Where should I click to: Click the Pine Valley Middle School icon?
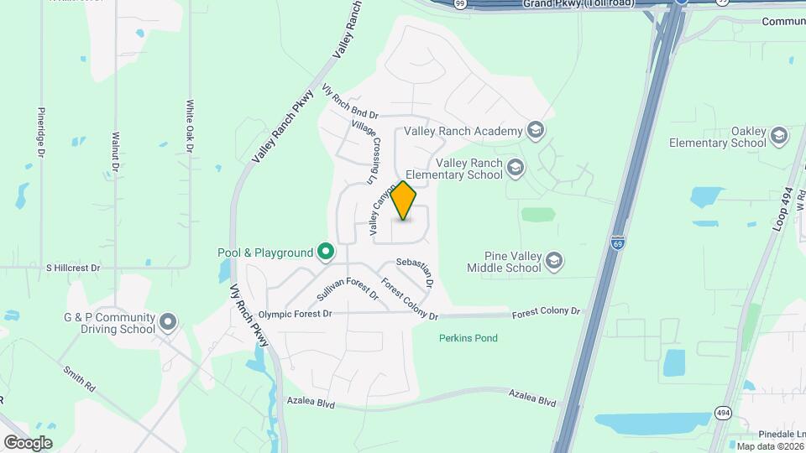554,262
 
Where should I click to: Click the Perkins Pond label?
468,338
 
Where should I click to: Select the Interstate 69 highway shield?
617,242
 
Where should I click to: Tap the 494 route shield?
721,412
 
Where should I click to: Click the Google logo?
27,442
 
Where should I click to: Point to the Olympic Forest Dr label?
296,314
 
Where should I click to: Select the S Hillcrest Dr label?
73,268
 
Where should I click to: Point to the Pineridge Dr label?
40,132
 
